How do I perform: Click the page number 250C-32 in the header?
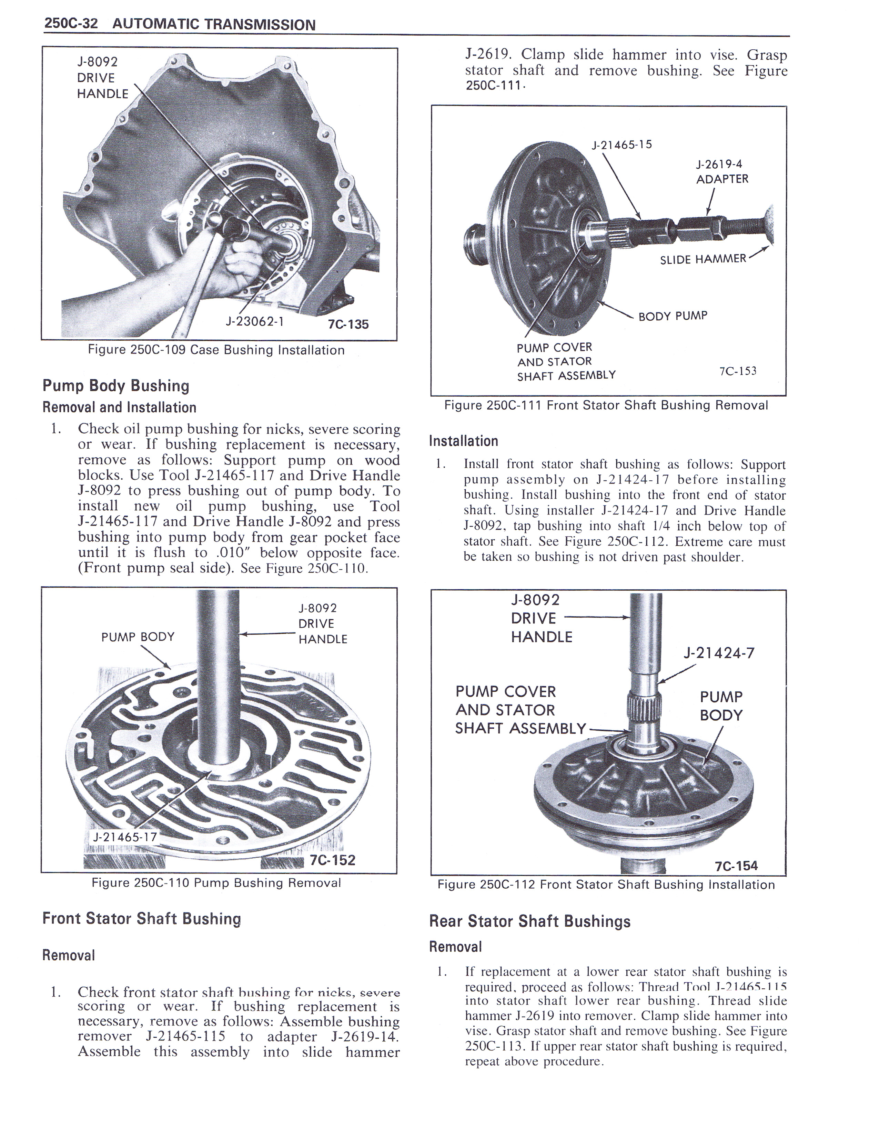[x=71, y=24]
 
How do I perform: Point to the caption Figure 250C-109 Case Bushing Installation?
[x=216, y=350]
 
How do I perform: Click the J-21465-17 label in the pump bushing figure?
[x=124, y=837]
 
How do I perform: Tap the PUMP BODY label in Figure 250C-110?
[x=138, y=637]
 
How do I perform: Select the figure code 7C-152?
[x=332, y=860]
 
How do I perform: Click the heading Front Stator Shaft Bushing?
[x=142, y=918]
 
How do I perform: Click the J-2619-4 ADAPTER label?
[x=722, y=171]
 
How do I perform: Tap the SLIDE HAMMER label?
[x=703, y=259]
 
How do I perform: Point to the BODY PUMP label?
[x=673, y=316]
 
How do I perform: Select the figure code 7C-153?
[x=737, y=371]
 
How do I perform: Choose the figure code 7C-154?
[x=736, y=866]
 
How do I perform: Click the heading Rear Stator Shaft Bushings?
[x=529, y=921]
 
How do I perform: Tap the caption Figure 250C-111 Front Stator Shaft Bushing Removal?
[x=606, y=406]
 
